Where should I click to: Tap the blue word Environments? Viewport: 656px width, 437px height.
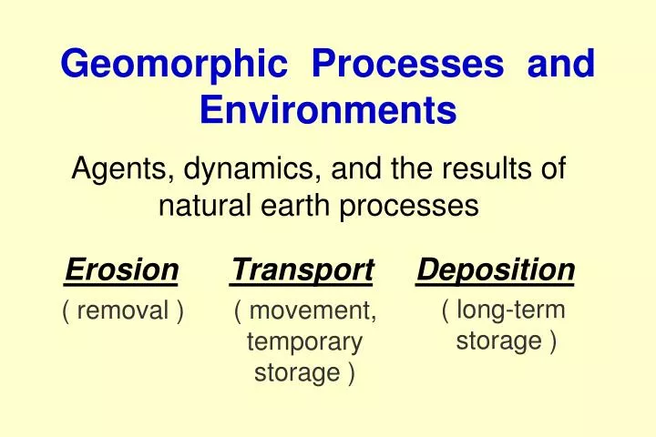coord(327,110)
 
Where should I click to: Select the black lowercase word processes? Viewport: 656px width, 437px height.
coord(409,206)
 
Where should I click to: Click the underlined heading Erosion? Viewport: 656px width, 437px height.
coord(122,269)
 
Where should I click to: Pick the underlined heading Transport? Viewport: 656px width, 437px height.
coord(302,269)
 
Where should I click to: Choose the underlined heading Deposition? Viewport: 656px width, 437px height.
coord(496,269)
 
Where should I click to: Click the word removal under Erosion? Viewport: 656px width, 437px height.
coord(123,311)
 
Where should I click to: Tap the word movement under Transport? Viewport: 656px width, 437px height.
coord(312,311)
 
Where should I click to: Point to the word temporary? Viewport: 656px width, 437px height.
coord(304,342)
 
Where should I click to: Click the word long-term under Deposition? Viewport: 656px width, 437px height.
coord(510,310)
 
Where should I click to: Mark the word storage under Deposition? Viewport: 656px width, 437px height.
coord(497,341)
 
